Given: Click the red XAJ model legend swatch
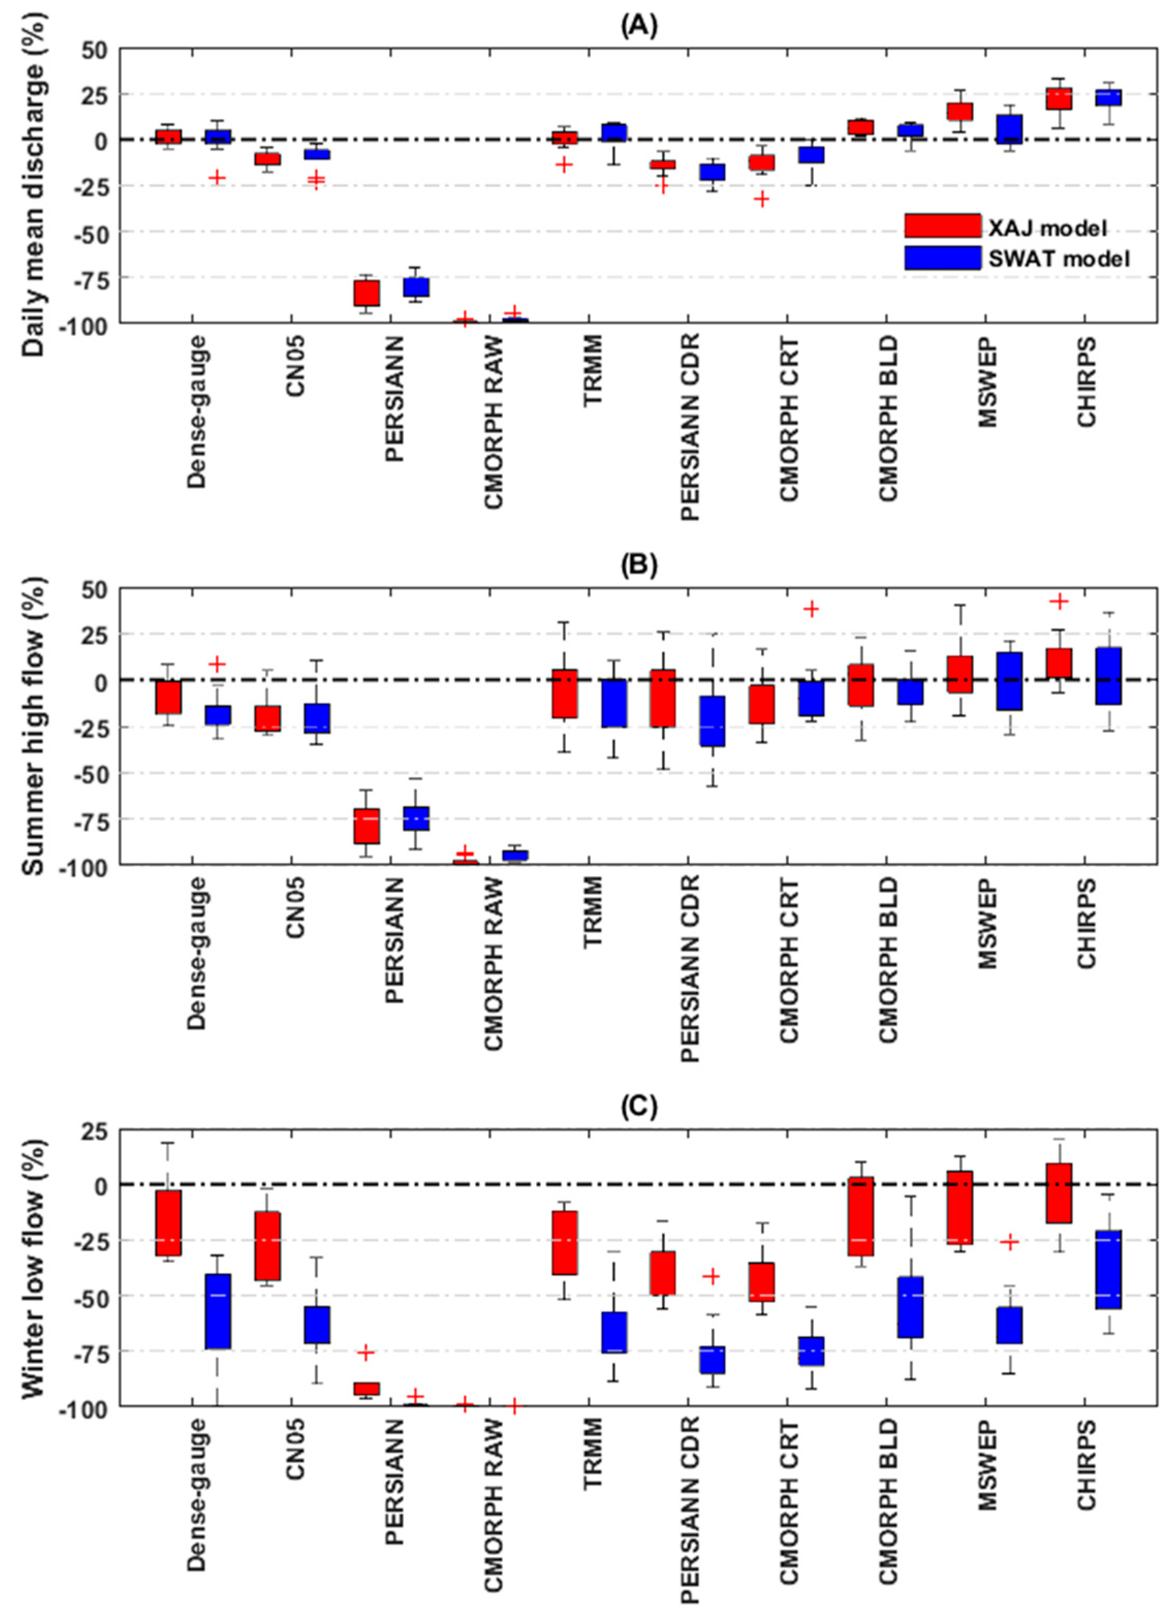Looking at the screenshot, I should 942,226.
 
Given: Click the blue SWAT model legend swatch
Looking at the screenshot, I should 942,258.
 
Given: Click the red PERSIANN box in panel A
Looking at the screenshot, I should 368,293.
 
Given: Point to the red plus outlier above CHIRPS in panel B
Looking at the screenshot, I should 1060,602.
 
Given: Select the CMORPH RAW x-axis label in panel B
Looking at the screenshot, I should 493,964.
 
